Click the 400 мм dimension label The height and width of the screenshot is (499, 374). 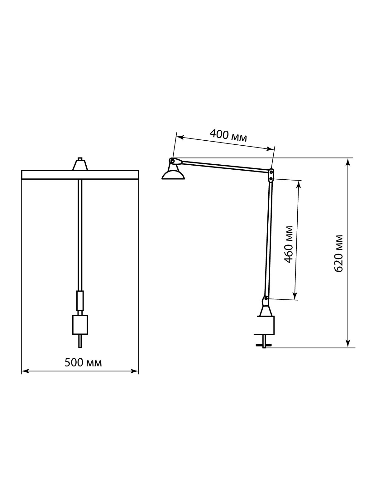(228, 135)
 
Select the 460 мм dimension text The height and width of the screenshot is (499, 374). (289, 245)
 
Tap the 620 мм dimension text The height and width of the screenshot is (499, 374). (338, 254)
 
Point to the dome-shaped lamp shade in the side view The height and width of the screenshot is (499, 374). (173, 176)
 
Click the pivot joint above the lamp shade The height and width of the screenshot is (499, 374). (173, 161)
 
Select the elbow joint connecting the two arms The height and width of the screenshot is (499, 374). (271, 175)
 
